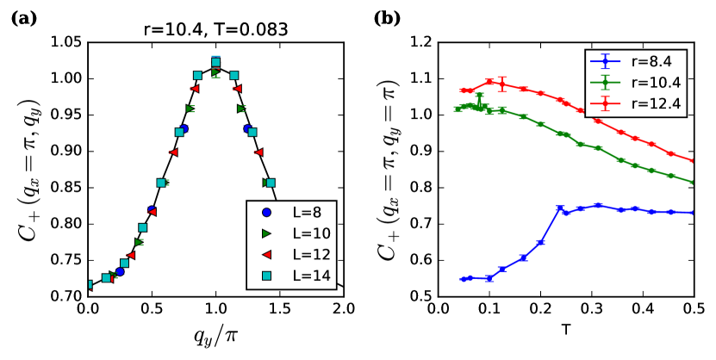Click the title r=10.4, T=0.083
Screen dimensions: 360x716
(x=215, y=29)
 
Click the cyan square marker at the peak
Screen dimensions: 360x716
(x=215, y=62)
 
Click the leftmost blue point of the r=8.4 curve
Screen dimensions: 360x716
(x=464, y=279)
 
